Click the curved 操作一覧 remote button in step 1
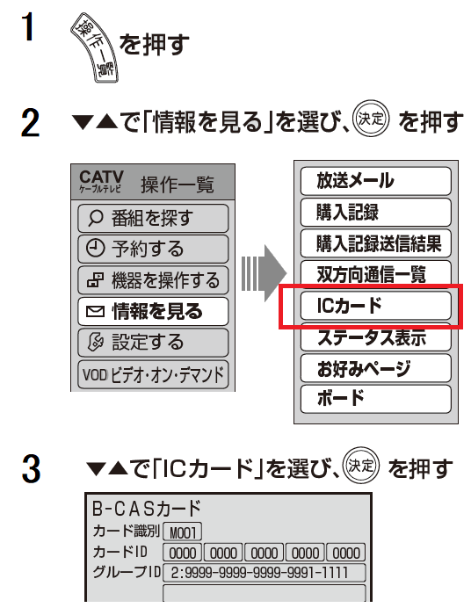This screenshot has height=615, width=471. [x=94, y=47]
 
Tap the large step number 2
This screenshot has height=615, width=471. [x=30, y=123]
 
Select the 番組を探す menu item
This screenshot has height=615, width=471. [x=153, y=218]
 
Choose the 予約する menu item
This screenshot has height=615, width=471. [x=153, y=249]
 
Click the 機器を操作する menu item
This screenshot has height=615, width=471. [x=153, y=280]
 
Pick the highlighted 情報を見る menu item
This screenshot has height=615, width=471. [x=153, y=311]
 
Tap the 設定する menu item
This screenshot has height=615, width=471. [x=153, y=343]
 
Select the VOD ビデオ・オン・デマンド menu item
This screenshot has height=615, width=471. [x=153, y=374]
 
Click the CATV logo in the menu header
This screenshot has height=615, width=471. [x=101, y=182]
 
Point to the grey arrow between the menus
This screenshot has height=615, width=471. [x=264, y=273]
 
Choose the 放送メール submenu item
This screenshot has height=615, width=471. [x=376, y=181]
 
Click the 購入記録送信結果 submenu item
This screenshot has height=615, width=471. [x=376, y=243]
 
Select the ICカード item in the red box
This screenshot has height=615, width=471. [x=376, y=305]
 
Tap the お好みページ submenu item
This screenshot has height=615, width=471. [x=376, y=368]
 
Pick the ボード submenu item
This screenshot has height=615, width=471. [x=376, y=399]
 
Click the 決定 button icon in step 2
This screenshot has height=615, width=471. [x=371, y=119]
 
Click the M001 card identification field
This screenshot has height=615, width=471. [x=183, y=532]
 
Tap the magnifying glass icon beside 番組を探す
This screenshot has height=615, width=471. [x=96, y=218]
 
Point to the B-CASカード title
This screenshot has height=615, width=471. [x=147, y=509]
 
